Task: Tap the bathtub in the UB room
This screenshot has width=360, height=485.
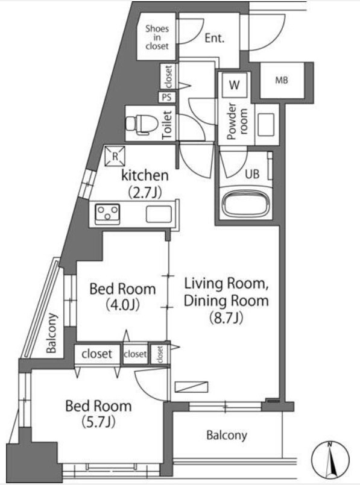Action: (x=246, y=204)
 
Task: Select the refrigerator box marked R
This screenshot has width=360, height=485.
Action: (x=115, y=156)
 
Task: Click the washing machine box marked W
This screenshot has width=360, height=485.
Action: (x=235, y=84)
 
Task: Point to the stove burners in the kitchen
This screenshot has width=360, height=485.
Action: (x=107, y=213)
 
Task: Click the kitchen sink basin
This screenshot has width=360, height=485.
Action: (x=159, y=214)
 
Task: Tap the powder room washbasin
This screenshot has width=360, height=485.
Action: (x=264, y=125)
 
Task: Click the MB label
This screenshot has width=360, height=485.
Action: (x=282, y=80)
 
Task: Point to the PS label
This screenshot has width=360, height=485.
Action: (x=166, y=97)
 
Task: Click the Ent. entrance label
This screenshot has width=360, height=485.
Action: (x=215, y=39)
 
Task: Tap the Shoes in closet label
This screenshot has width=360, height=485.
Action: (x=157, y=37)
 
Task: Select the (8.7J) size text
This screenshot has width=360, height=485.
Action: (x=226, y=318)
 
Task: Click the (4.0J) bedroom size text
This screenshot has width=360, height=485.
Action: (x=122, y=305)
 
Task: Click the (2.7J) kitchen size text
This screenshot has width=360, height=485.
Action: (x=145, y=192)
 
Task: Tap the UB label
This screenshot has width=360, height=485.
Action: (x=252, y=174)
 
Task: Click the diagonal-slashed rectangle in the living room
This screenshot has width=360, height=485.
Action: (x=191, y=387)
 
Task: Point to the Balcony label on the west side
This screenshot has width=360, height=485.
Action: (x=52, y=333)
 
